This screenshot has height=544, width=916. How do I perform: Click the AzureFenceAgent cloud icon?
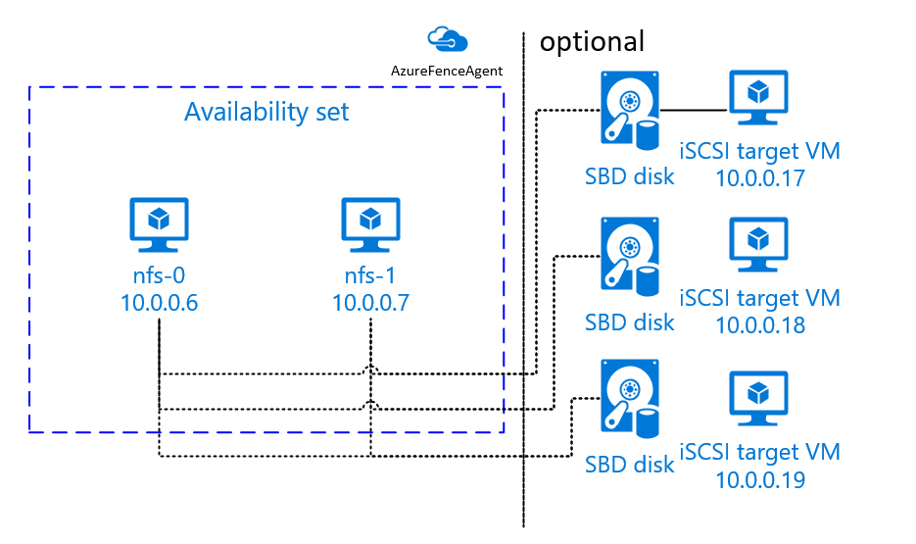coord(448,39)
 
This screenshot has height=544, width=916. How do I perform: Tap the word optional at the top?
coord(592,41)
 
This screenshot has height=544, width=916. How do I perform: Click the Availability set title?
coord(266,112)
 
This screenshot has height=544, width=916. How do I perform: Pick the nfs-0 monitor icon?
coord(159,223)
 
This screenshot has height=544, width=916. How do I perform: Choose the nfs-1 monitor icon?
coord(369,223)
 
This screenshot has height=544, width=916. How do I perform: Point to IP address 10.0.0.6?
coord(159,302)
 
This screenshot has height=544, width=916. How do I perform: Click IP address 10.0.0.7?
coord(369,302)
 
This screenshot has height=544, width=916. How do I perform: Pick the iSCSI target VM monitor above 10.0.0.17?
coord(756,100)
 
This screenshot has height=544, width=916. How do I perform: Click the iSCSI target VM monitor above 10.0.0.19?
coord(756,399)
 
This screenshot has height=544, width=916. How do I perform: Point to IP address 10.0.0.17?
coord(760,178)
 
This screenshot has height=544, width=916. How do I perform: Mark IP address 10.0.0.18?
coord(760,323)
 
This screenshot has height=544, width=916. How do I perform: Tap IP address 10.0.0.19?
coord(760,480)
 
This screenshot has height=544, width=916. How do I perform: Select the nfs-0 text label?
coord(159,275)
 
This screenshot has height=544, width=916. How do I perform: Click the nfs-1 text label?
coord(369,275)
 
